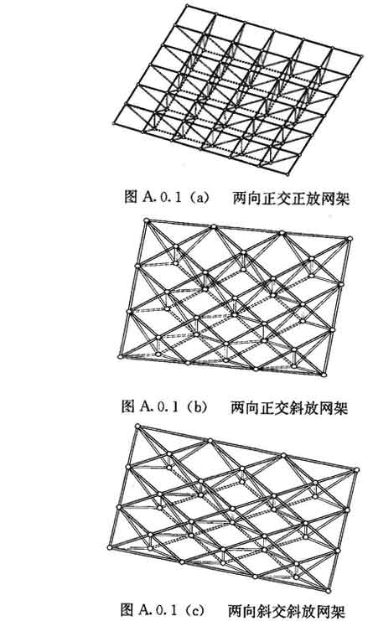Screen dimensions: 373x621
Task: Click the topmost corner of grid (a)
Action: pyautogui.click(x=188, y=5)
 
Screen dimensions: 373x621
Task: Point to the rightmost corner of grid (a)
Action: pyautogui.click(x=362, y=56)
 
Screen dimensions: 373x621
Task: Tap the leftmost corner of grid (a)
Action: pyautogui.click(x=114, y=124)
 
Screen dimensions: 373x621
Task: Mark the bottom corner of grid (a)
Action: pyautogui.click(x=288, y=173)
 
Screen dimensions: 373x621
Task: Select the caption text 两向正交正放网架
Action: pyautogui.click(x=291, y=198)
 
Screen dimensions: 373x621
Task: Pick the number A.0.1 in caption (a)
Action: pyautogui.click(x=161, y=197)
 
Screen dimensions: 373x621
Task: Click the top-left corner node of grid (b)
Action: pyautogui.click(x=147, y=220)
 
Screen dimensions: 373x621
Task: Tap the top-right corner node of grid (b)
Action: pyautogui.click(x=350, y=238)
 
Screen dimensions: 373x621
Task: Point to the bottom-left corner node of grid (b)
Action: pyautogui.click(x=121, y=357)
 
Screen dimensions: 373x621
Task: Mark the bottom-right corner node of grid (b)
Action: pyautogui.click(x=324, y=375)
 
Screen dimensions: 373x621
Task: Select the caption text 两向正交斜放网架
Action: pyautogui.click(x=289, y=407)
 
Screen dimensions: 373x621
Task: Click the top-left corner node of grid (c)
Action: pyautogui.click(x=137, y=426)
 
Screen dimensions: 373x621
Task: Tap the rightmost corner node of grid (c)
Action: pyautogui.click(x=356, y=469)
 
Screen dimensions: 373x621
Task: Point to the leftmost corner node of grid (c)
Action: pyautogui.click(x=110, y=547)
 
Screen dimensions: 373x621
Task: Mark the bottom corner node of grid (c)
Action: pyautogui.click(x=329, y=591)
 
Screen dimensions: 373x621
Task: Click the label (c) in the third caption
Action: pyautogui.click(x=196, y=610)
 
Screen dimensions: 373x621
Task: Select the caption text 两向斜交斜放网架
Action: pyautogui.click(x=287, y=610)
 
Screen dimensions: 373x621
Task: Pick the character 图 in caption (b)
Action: pyautogui.click(x=129, y=406)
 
